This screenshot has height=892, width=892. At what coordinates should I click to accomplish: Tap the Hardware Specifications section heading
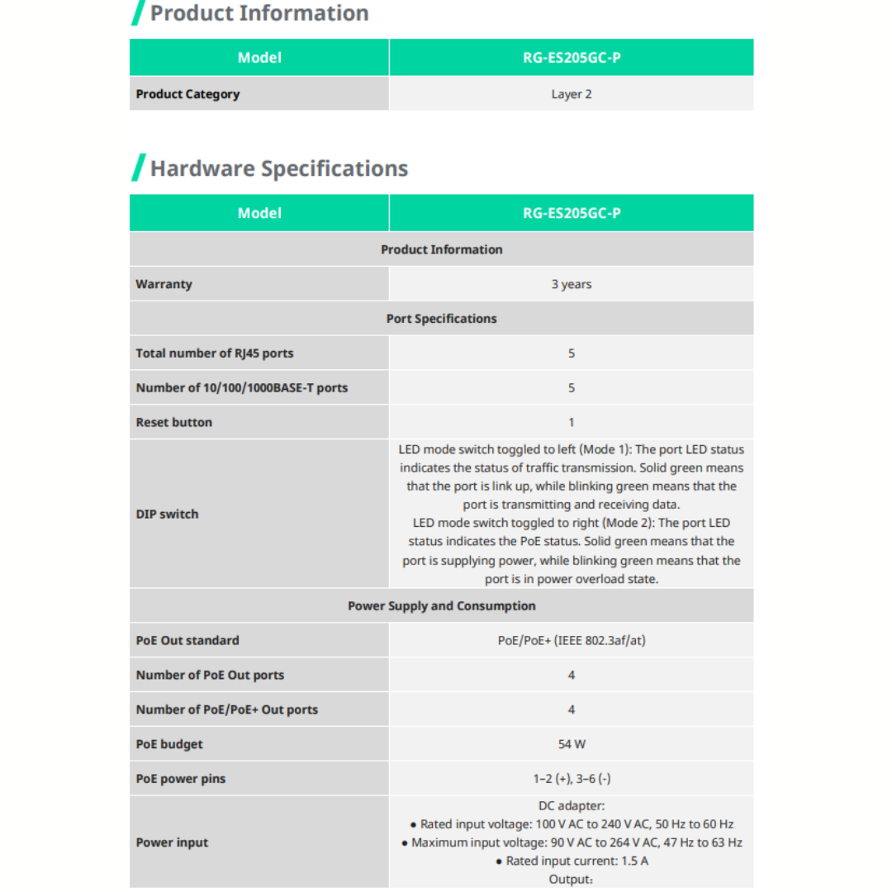pyautogui.click(x=279, y=168)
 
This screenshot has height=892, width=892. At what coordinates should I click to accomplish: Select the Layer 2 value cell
pyautogui.click(x=572, y=94)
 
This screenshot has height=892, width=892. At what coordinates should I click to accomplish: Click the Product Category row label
pyautogui.click(x=187, y=94)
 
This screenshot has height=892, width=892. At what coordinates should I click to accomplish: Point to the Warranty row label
pyautogui.click(x=164, y=284)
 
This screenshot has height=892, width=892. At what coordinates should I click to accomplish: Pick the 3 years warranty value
pyautogui.click(x=572, y=284)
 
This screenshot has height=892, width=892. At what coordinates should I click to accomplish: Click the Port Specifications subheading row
pyautogui.click(x=441, y=319)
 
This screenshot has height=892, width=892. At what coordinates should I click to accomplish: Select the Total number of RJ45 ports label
pyautogui.click(x=215, y=353)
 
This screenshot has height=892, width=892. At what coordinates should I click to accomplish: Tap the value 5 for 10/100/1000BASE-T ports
pyautogui.click(x=572, y=388)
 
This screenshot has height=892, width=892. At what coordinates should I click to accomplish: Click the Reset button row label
pyautogui.click(x=173, y=423)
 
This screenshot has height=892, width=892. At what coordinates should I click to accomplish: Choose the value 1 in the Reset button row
pyautogui.click(x=572, y=423)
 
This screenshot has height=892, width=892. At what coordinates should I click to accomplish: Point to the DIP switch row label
pyautogui.click(x=167, y=514)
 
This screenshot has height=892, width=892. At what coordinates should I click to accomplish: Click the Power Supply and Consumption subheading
pyautogui.click(x=441, y=606)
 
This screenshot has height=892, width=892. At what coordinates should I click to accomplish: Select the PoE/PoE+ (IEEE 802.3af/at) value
pyautogui.click(x=572, y=641)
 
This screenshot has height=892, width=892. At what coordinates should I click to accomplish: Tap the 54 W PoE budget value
pyautogui.click(x=572, y=744)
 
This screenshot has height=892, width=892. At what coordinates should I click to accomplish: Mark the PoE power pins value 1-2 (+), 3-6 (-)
pyautogui.click(x=572, y=779)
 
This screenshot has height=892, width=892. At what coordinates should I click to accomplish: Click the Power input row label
pyautogui.click(x=172, y=842)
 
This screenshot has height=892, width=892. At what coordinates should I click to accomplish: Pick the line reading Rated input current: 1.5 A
pyautogui.click(x=572, y=861)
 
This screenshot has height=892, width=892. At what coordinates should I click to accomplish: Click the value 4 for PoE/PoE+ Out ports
pyautogui.click(x=572, y=709)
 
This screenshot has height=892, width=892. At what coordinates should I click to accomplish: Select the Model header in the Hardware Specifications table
pyautogui.click(x=259, y=213)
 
